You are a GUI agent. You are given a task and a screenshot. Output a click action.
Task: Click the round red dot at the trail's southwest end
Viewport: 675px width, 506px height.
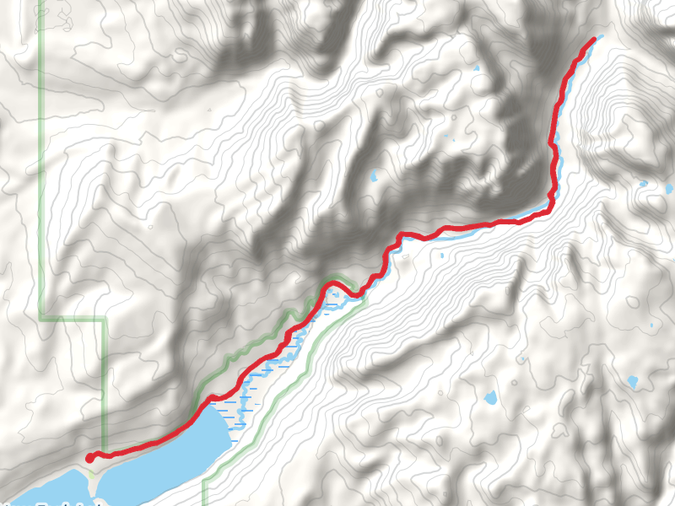tap(89, 458)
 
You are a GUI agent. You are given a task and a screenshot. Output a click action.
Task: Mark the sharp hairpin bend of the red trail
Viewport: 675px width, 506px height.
tap(335, 283)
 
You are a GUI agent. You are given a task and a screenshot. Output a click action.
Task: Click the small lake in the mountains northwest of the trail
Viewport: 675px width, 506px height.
tap(374, 177)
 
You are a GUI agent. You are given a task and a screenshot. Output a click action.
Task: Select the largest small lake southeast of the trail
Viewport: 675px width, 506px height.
tap(490, 396)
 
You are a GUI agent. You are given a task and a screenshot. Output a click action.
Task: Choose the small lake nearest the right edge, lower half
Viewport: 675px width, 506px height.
tap(633, 382)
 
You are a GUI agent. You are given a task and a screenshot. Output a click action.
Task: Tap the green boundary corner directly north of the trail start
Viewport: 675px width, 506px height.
tap(105, 320)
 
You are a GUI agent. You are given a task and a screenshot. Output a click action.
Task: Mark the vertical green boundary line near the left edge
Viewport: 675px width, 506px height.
tap(40, 169)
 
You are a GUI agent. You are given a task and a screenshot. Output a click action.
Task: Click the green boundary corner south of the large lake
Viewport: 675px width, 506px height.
tap(205, 482)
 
